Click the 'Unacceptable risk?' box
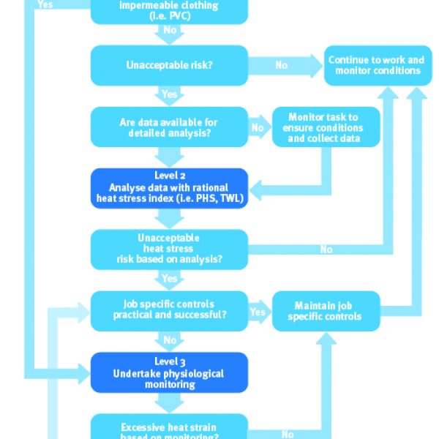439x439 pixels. tap(170, 66)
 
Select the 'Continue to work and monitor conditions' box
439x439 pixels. tap(378, 66)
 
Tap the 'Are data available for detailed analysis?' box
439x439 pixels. tap(170, 127)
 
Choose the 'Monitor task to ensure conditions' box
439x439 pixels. tap(326, 127)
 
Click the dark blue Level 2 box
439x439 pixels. tap(170, 189)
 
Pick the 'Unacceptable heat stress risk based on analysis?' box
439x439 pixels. tap(170, 249)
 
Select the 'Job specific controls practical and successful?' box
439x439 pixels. tap(170, 311)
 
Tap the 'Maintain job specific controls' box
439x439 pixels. tap(326, 311)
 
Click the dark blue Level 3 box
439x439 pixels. tap(170, 372)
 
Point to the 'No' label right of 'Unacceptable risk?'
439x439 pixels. tap(282, 65)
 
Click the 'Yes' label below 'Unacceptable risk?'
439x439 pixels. tap(170, 94)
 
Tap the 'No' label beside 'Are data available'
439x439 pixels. tap(258, 128)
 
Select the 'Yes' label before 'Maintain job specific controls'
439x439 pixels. tap(258, 312)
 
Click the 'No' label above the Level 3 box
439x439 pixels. tap(170, 340)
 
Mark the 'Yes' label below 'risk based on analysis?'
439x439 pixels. tap(170, 279)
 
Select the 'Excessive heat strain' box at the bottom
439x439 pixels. tap(170, 427)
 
